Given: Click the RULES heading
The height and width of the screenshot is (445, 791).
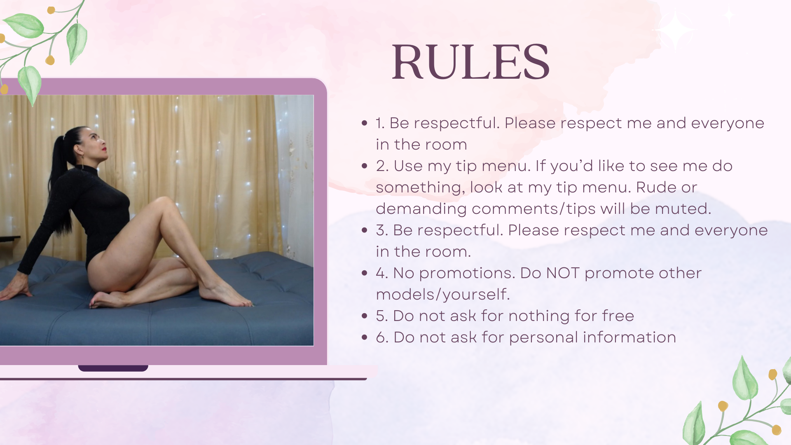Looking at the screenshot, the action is pyautogui.click(x=470, y=62).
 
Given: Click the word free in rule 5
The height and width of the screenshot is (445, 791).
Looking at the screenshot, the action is pyautogui.click(x=618, y=316).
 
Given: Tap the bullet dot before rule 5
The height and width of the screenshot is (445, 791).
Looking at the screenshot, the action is pyautogui.click(x=364, y=316).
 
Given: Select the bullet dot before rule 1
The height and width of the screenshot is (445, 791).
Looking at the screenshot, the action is pyautogui.click(x=364, y=123).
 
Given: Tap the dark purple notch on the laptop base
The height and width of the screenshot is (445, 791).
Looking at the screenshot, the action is pyautogui.click(x=113, y=368).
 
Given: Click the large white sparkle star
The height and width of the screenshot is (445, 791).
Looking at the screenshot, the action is pyautogui.click(x=675, y=29).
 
